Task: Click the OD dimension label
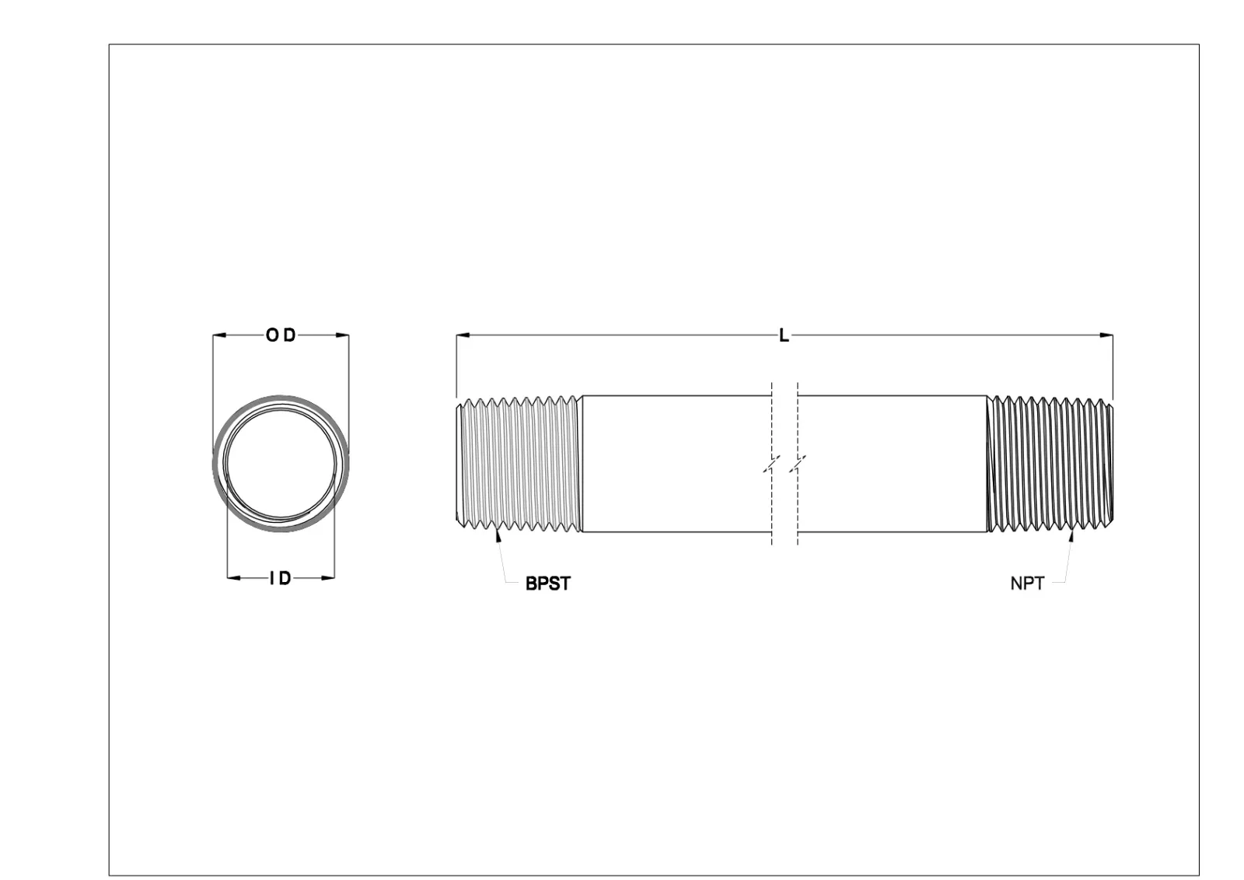(281, 335)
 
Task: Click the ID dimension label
(280, 578)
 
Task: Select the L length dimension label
(784, 335)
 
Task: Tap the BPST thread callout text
(547, 584)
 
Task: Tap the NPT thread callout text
(1026, 584)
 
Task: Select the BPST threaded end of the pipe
(518, 464)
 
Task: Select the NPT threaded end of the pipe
(1050, 464)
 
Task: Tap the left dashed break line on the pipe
(771, 464)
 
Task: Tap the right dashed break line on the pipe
(797, 464)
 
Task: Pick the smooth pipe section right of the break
(892, 464)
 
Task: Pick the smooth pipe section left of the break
(676, 464)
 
